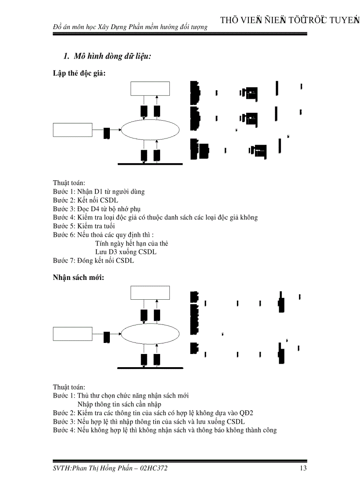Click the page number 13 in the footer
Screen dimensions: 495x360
point(303,468)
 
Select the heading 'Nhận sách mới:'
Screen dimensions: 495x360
point(79,278)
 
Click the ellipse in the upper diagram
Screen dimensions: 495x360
point(150,130)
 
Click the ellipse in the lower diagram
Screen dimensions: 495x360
point(150,334)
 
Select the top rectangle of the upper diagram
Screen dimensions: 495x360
point(150,88)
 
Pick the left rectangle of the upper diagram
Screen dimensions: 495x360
point(73,130)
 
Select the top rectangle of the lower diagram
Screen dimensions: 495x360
point(150,293)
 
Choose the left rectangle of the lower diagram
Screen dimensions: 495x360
point(73,334)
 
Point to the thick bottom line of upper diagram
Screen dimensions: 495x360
point(150,164)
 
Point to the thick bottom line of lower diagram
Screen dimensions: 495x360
point(150,367)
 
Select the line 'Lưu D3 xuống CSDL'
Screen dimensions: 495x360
point(126,252)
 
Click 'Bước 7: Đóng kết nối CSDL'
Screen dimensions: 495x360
point(94,261)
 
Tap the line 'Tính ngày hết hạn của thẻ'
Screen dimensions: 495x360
point(131,243)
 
